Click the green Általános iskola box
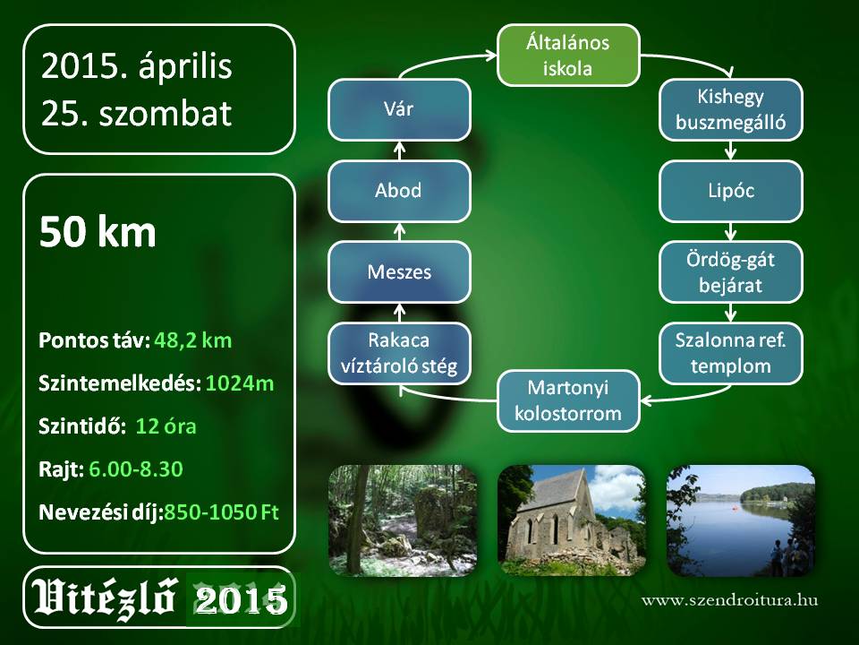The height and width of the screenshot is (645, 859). pyautogui.click(x=568, y=55)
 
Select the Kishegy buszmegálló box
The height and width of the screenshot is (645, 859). pyautogui.click(x=730, y=109)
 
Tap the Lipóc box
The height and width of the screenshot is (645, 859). pyautogui.click(x=730, y=191)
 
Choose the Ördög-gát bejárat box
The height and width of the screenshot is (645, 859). pyautogui.click(x=730, y=272)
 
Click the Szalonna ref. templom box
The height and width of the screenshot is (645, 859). pyautogui.click(x=730, y=353)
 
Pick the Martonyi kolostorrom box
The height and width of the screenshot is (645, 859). pyautogui.click(x=568, y=401)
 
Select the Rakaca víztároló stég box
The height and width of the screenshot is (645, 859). pyautogui.click(x=399, y=353)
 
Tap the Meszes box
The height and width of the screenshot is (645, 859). pyautogui.click(x=399, y=272)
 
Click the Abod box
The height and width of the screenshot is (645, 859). pyautogui.click(x=399, y=191)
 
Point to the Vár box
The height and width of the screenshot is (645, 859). pyautogui.click(x=399, y=109)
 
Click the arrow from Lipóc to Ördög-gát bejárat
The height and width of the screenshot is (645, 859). pyautogui.click(x=730, y=231)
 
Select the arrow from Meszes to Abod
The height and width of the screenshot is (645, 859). pyautogui.click(x=399, y=231)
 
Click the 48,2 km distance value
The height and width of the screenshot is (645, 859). pyautogui.click(x=193, y=340)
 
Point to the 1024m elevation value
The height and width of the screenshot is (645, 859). pyautogui.click(x=240, y=383)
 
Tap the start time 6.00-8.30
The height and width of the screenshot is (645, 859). pyautogui.click(x=135, y=469)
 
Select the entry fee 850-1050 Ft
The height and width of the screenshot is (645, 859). pyautogui.click(x=221, y=512)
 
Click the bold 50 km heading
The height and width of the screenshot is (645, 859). pyautogui.click(x=98, y=232)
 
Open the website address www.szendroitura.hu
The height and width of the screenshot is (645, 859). pyautogui.click(x=730, y=599)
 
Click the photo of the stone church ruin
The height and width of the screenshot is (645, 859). pyautogui.click(x=572, y=520)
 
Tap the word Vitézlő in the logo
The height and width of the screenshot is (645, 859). pyautogui.click(x=104, y=598)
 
